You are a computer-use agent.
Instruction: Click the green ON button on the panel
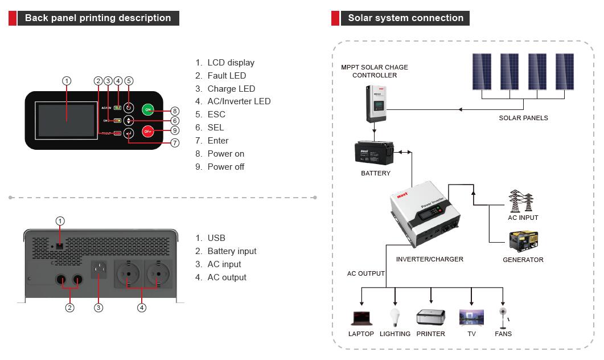[148, 109]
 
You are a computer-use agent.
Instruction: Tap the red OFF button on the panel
[148, 131]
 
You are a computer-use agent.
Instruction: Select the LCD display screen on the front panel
[66, 120]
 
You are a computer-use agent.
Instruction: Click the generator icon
[523, 242]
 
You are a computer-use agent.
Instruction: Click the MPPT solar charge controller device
[375, 103]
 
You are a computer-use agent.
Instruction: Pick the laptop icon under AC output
[361, 318]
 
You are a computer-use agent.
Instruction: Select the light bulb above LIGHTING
[394, 316]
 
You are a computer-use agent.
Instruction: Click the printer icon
[430, 317]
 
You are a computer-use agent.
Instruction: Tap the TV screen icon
[471, 317]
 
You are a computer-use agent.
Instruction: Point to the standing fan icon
[503, 318]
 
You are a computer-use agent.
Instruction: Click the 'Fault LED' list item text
[227, 76]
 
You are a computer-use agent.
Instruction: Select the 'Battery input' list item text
[232, 251]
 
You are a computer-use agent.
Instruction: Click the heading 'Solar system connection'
[405, 18]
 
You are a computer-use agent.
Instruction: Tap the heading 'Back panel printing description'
[98, 18]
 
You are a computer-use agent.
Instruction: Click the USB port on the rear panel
[59, 246]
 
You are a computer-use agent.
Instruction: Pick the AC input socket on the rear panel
[99, 269]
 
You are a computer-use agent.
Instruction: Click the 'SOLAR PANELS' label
[523, 118]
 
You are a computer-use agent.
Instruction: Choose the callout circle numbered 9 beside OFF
[175, 130]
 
